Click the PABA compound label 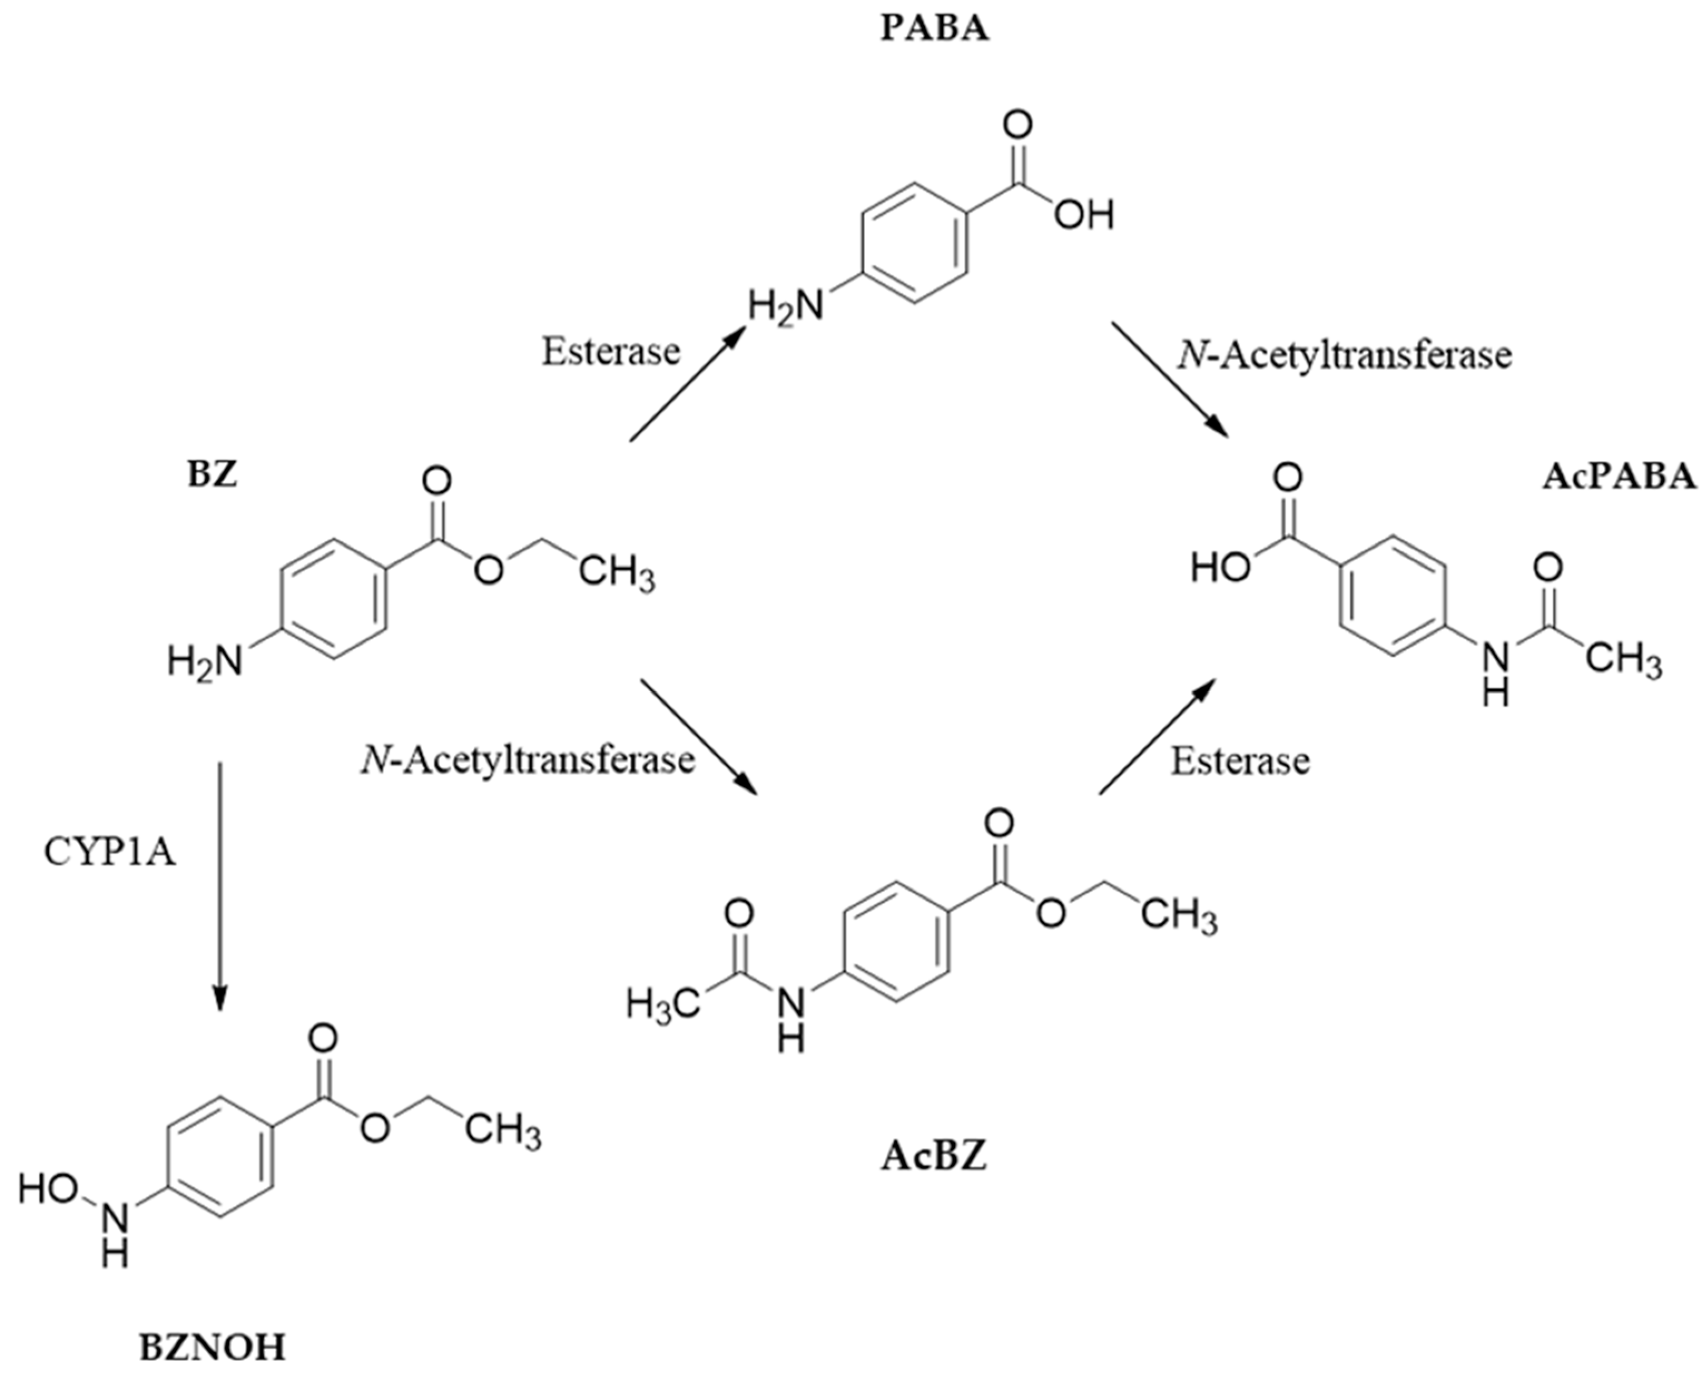pyautogui.click(x=935, y=30)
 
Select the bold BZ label pyautogui.click(x=212, y=475)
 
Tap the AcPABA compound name pyautogui.click(x=1619, y=478)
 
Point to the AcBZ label pyautogui.click(x=934, y=1158)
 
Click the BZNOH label pyautogui.click(x=212, y=1347)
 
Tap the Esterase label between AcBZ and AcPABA pyautogui.click(x=1240, y=761)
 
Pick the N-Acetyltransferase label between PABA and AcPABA pyautogui.click(x=1344, y=355)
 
